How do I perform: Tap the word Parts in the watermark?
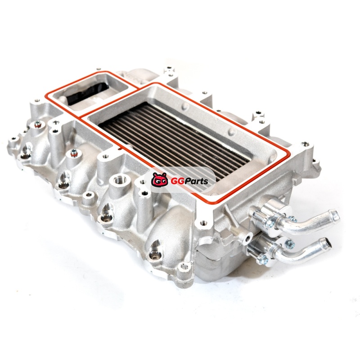click(x=195, y=181)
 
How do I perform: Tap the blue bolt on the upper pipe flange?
click(x=292, y=219)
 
